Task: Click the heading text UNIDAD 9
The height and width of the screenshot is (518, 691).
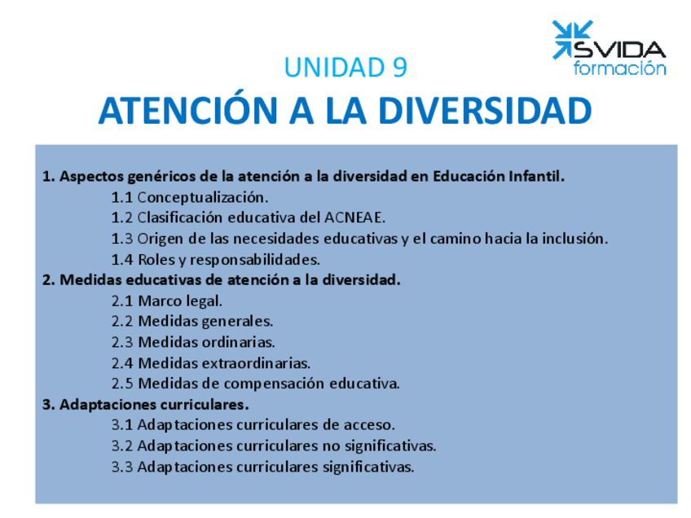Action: pos(345,68)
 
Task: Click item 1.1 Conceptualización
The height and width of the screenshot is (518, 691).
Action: pos(189,197)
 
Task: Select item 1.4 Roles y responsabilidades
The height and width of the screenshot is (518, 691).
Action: pos(215,260)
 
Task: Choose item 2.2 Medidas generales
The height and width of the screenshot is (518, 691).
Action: pos(191,322)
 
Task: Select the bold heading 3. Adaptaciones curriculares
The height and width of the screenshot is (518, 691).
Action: pos(145,405)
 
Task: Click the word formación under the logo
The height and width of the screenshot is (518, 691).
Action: pos(619,68)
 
